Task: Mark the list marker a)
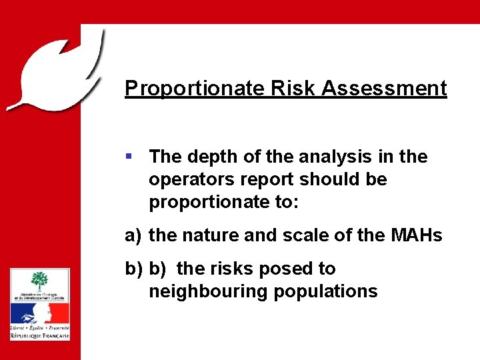tap(133, 235)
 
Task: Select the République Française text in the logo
tap(39, 336)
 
